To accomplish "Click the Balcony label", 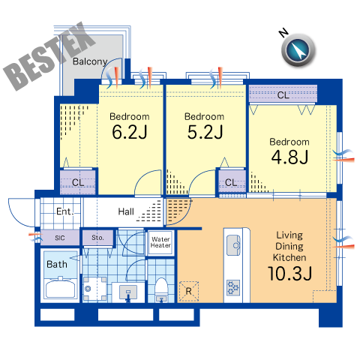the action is (x=90, y=61).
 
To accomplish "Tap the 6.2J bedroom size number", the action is (x=130, y=132).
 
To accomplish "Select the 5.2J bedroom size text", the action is (x=205, y=132).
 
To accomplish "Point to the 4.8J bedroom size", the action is (x=289, y=157).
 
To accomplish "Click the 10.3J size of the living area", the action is (x=289, y=273).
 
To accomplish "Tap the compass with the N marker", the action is (x=298, y=49).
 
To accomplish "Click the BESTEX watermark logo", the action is (x=49, y=56).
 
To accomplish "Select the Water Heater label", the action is (x=160, y=242).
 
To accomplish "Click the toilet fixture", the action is (x=161, y=289).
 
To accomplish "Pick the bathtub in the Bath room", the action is (x=61, y=289).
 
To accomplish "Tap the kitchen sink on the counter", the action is (x=233, y=245).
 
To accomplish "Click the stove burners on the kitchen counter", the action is (x=233, y=287).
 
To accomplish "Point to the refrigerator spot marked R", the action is (x=189, y=291).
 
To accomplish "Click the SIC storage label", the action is (x=60, y=238).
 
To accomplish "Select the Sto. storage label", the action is (x=97, y=238).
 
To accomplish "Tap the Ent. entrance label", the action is (x=64, y=211).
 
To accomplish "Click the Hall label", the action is (x=126, y=211).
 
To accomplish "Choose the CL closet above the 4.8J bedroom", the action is (x=283, y=94).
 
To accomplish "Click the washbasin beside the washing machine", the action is (x=128, y=292).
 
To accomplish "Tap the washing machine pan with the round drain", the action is (x=94, y=289).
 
